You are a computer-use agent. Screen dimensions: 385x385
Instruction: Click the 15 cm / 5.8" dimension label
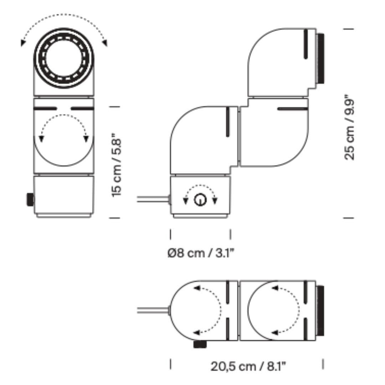[116, 165]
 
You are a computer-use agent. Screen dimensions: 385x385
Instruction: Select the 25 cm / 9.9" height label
[349, 127]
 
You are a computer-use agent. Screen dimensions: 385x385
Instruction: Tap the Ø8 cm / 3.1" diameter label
[201, 253]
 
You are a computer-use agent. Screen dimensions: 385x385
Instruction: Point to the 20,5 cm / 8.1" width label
[248, 367]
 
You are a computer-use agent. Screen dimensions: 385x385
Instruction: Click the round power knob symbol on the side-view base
[200, 200]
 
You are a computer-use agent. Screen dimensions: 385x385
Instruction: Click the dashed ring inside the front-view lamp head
[63, 58]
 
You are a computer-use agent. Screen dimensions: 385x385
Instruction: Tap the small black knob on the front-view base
[30, 200]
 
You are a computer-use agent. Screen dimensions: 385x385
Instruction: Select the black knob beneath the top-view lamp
[200, 344]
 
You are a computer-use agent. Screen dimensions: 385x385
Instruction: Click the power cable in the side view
[153, 199]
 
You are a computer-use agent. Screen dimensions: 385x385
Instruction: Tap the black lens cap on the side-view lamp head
[320, 58]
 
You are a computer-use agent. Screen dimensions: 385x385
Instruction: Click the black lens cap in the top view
[320, 310]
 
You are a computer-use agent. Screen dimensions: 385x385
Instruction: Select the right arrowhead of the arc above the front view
[105, 43]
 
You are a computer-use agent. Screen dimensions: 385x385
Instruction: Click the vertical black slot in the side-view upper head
[306, 44]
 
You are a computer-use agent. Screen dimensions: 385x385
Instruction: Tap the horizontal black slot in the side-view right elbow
[292, 109]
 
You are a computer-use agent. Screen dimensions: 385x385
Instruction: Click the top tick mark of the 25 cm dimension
[348, 29]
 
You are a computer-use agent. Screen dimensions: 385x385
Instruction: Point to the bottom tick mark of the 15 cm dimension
[114, 218]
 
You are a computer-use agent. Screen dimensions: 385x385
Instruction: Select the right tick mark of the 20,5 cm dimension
[323, 364]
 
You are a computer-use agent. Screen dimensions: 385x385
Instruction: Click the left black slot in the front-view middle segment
[45, 108]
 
